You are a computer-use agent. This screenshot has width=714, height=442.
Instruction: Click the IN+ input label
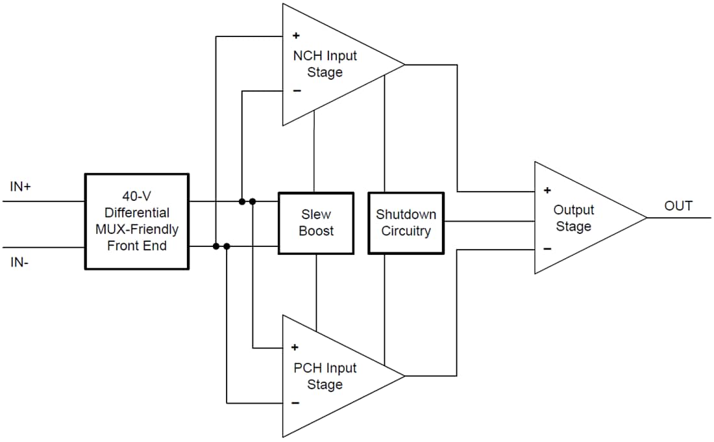point(21,187)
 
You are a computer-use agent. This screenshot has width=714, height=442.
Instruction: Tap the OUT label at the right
point(678,206)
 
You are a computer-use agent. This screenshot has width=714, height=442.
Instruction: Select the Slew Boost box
point(316,222)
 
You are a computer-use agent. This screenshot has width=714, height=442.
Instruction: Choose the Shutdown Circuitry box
point(406,222)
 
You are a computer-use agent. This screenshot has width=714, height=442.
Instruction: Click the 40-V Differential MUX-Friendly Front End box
point(137,221)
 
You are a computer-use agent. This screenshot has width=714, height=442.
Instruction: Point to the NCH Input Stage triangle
point(331,64)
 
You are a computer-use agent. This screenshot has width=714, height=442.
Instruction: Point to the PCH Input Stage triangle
point(331,376)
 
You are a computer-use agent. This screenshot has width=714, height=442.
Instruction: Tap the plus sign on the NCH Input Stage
point(296,36)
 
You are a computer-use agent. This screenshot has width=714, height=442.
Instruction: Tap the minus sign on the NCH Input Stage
point(297,91)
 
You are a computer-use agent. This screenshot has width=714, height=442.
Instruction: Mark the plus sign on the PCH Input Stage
point(295,347)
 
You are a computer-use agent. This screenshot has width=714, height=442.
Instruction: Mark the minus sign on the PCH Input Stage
point(295,403)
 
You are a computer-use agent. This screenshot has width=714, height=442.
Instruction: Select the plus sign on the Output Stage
point(547,190)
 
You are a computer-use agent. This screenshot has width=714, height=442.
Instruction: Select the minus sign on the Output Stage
point(547,248)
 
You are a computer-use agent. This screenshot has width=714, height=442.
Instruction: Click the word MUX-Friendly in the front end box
point(137,229)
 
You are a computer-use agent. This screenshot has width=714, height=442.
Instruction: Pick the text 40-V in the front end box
point(137,196)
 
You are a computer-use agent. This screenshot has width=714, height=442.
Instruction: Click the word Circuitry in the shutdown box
point(406,231)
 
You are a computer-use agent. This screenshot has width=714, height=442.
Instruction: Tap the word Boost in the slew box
point(316,231)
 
